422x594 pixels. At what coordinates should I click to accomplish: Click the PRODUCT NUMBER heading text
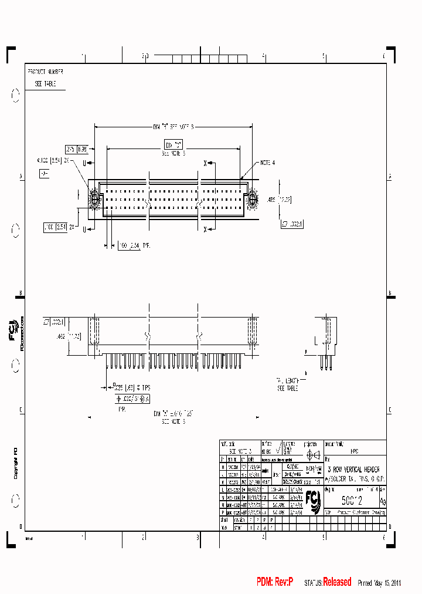click(x=45, y=72)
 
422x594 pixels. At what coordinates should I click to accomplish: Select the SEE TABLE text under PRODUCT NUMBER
click(x=42, y=84)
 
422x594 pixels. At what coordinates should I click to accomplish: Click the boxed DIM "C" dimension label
click(x=172, y=144)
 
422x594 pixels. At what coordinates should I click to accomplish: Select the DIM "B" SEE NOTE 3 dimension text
click(x=173, y=126)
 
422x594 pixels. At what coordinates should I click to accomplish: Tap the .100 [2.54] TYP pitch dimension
click(x=135, y=245)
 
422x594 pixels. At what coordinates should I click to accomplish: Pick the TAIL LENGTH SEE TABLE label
click(x=288, y=384)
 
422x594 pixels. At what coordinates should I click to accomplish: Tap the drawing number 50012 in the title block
click(x=352, y=501)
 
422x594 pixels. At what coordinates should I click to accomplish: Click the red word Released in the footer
click(x=337, y=582)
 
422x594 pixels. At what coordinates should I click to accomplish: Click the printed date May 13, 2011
click(x=388, y=583)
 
